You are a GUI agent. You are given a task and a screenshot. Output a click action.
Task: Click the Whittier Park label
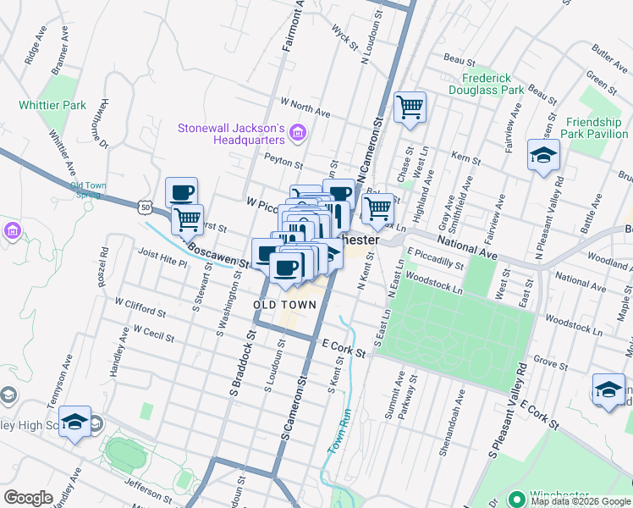pyautogui.click(x=52, y=106)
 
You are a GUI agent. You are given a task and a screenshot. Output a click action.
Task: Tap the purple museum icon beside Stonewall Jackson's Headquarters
pyautogui.click(x=297, y=132)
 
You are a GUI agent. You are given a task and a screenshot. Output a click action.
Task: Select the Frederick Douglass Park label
pyautogui.click(x=487, y=83)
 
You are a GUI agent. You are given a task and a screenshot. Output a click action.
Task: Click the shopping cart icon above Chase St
pyautogui.click(x=410, y=108)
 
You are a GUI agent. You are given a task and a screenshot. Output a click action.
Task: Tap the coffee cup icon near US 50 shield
pyautogui.click(x=181, y=192)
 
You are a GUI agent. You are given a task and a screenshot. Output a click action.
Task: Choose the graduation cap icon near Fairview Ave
pyautogui.click(x=542, y=155)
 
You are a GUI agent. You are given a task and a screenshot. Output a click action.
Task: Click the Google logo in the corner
pyautogui.click(x=28, y=498)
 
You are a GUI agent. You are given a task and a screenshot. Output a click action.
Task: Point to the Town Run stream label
pyautogui.click(x=339, y=433)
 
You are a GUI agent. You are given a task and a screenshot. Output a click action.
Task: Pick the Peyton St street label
pyautogui.click(x=283, y=162)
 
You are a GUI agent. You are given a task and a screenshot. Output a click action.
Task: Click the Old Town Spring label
pyautogui.click(x=89, y=190)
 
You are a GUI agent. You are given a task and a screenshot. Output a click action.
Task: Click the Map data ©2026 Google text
pyautogui.click(x=580, y=501)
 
